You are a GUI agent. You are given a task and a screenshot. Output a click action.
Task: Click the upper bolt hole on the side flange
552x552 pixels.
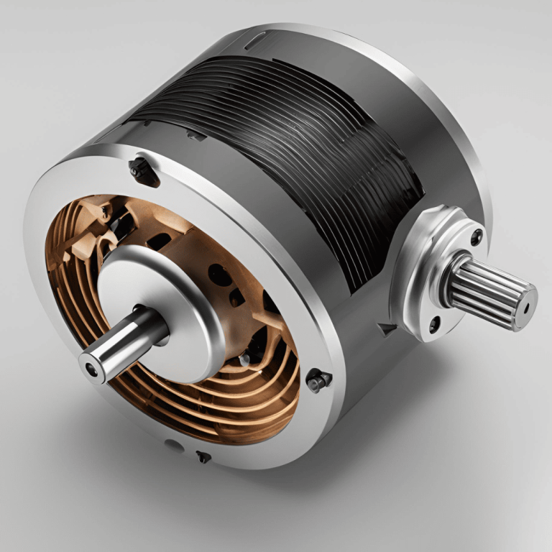coord(475,237)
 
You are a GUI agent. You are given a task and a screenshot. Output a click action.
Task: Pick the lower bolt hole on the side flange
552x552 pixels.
coord(434,324)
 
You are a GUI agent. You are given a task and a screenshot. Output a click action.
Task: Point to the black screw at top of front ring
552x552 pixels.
coord(142,170)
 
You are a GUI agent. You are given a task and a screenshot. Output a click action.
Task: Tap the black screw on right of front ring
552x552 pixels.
coord(317,379)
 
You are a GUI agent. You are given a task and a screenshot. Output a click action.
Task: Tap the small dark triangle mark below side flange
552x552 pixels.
coord(389,329)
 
